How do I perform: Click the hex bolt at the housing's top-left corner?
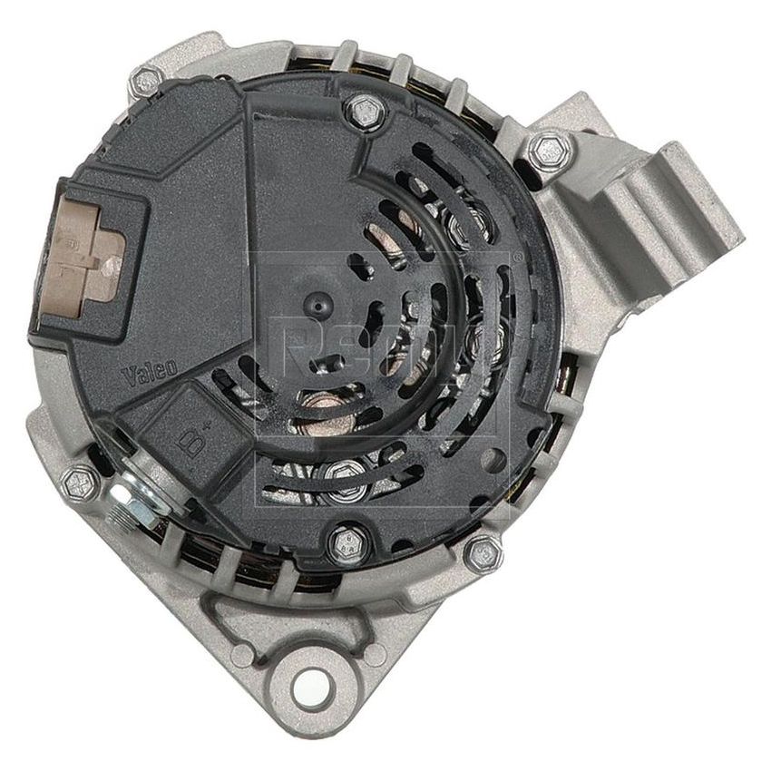(x=145, y=83)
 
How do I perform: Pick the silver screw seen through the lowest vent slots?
(x=344, y=470)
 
